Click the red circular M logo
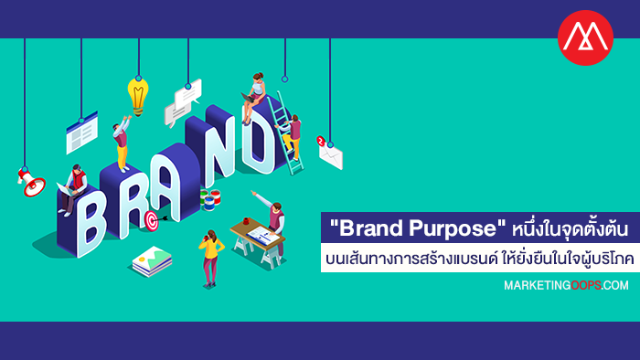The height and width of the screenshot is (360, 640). click(x=585, y=37)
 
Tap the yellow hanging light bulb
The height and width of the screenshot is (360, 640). click(x=138, y=97)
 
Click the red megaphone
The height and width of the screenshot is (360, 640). click(x=31, y=182)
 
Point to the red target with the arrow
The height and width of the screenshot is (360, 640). click(x=154, y=220)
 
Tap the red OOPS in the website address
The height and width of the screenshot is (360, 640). click(x=586, y=285)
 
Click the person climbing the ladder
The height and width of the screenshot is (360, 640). click(x=292, y=137)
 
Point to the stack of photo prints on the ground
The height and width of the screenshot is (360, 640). click(x=152, y=260)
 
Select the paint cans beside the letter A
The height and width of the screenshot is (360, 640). click(x=210, y=199)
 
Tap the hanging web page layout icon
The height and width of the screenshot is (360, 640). click(x=82, y=132)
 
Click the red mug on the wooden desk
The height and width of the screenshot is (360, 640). click(x=246, y=221)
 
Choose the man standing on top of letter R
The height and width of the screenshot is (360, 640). click(x=122, y=143)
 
